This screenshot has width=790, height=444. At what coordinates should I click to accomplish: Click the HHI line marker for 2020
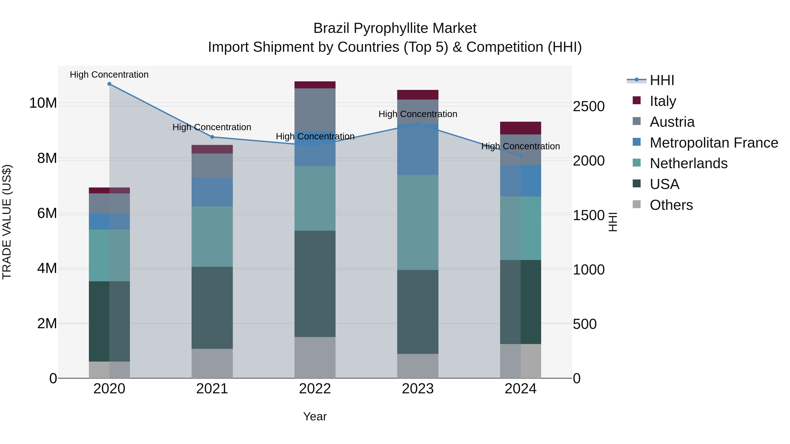point(109,84)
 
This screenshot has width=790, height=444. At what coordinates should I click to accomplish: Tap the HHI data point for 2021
point(212,137)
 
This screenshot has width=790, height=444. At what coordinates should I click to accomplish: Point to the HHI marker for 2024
point(521,156)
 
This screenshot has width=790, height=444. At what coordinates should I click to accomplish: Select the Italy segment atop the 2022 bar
point(315,85)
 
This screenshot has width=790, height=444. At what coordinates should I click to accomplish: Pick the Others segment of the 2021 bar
point(212,363)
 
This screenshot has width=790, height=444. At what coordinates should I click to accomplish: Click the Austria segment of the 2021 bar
point(212,166)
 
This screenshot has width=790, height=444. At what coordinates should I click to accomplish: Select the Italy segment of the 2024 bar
point(521,128)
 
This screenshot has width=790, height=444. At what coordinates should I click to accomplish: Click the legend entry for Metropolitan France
point(714,143)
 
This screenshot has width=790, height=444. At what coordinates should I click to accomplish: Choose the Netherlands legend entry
point(688,163)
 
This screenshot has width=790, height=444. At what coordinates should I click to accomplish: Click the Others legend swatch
point(637,204)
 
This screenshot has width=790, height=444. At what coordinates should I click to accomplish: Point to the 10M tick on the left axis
point(43,103)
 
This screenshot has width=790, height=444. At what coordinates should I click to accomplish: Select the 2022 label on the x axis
point(315,389)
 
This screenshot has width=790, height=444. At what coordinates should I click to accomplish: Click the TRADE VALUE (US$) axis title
point(7,222)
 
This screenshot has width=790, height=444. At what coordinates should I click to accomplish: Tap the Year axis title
point(315,416)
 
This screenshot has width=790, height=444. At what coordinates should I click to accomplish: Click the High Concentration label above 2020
point(109,75)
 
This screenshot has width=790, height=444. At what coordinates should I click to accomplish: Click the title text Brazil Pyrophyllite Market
point(395,28)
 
